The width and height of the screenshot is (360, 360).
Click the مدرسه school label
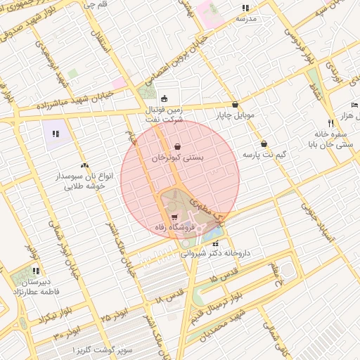click(x=245, y=19)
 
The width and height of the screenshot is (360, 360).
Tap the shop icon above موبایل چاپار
click(x=235, y=104)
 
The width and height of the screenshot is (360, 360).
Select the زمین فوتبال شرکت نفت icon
click(x=164, y=98)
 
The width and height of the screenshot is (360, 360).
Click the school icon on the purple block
click(x=56, y=132)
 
